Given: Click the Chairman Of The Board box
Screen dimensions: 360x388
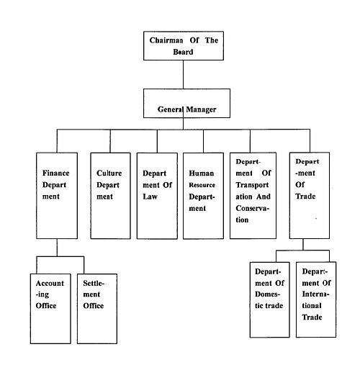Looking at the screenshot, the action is coord(184,46).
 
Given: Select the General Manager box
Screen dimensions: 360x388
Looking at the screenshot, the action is coord(186,103).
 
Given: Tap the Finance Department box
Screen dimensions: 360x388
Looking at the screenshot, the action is coord(57,196).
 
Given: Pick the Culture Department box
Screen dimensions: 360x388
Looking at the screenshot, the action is coord(110,196).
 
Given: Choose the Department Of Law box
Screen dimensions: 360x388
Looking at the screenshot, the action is coord(157,196).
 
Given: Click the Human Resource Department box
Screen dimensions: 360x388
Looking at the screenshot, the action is coord(203,196).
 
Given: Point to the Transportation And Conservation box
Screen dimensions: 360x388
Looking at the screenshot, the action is coord(253,196).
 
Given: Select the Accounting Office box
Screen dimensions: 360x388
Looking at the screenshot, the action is coord(50,309).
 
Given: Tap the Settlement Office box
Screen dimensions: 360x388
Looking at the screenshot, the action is coord(97,309).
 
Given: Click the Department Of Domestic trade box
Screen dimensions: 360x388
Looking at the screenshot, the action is coord(270,299).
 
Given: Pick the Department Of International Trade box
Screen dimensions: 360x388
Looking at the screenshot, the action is coord(316,299).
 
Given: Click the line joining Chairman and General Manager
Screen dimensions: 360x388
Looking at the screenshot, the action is coord(184,74).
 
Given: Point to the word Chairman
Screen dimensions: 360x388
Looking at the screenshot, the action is coord(166,40).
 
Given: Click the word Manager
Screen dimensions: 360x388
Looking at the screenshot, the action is coord(201,109).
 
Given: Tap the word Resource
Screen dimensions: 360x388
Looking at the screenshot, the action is coord(202,185).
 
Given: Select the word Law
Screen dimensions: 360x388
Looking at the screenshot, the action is coord(150,197).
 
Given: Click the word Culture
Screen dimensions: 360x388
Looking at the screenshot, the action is coord(109,173).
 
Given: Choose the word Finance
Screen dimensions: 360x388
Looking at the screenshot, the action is coord(56,173).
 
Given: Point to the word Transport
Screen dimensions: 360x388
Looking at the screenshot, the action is coord(252,185).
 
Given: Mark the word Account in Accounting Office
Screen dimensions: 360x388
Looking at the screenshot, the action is coord(50,283).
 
